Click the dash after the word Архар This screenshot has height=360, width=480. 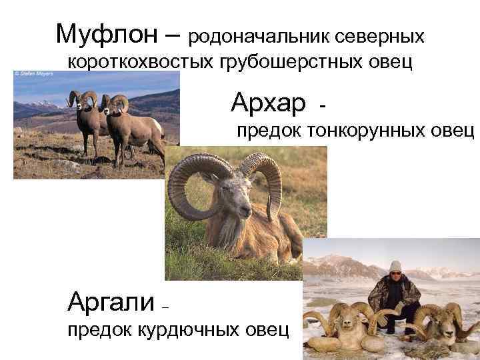[323, 105]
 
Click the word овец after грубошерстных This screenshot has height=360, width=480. [390, 63]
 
